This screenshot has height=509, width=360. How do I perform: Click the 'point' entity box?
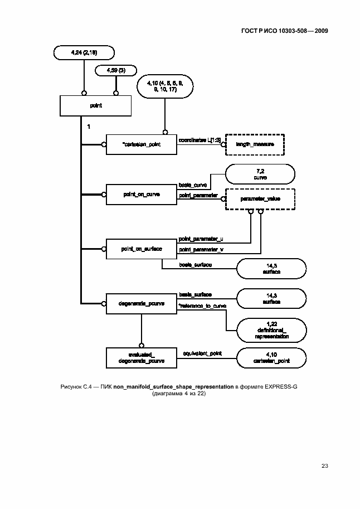pyautogui.click(x=96, y=105)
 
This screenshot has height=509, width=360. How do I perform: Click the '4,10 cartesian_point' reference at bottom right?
pyautogui.click(x=271, y=357)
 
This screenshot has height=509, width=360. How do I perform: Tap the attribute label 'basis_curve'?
pyautogui.click(x=193, y=185)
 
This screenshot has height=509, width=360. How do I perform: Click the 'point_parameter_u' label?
pyautogui.click(x=201, y=239)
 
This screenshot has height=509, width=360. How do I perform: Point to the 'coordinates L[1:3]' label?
pyautogui.click(x=200, y=140)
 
